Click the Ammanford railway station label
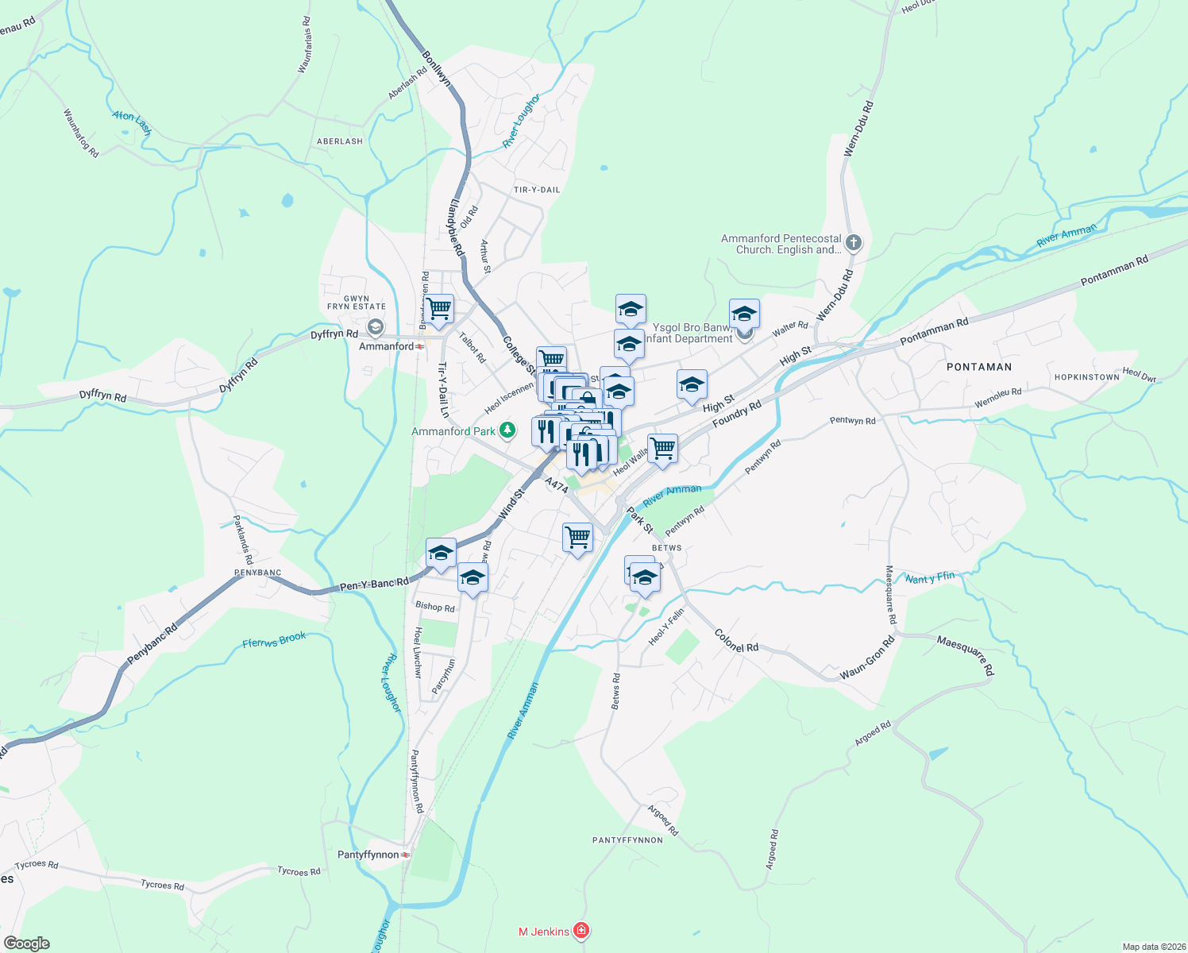click(x=387, y=346)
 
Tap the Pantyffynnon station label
click(x=368, y=855)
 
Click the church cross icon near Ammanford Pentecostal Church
click(x=854, y=243)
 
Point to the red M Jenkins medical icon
click(x=582, y=931)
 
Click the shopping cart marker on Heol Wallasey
click(x=662, y=449)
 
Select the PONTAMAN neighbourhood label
click(x=979, y=367)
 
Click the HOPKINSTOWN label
click(x=1086, y=377)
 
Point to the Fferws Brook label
click(x=274, y=640)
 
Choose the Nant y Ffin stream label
click(x=930, y=578)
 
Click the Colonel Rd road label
click(x=736, y=641)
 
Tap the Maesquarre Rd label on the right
click(x=965, y=655)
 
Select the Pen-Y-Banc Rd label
click(x=374, y=585)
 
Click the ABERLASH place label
click(x=340, y=141)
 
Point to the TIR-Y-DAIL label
click(x=537, y=190)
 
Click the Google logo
click(x=26, y=943)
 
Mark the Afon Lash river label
click(x=131, y=122)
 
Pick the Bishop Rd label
click(x=435, y=607)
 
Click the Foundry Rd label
click(x=737, y=414)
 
